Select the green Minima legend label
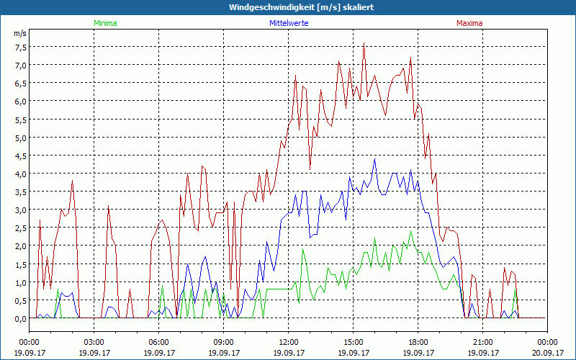coord(104,23)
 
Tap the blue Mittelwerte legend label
coord(288,23)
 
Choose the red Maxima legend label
coord(469,23)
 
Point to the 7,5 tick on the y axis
coord(20,47)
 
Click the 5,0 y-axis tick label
coord(20,138)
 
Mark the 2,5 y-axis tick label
coord(20,228)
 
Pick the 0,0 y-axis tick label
coord(20,318)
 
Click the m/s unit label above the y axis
coord(20,33)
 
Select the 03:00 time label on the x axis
coord(94,342)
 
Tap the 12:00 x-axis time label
coord(289,342)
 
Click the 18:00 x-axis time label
coord(418,342)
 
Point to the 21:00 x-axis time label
coord(483,342)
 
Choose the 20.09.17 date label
coord(548,353)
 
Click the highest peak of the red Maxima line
coord(364,43)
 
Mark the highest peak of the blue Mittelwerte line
coord(375,159)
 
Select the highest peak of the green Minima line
coord(411,231)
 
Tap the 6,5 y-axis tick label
coord(20,83)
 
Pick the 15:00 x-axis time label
coord(354,342)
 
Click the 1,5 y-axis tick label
coord(20,264)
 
